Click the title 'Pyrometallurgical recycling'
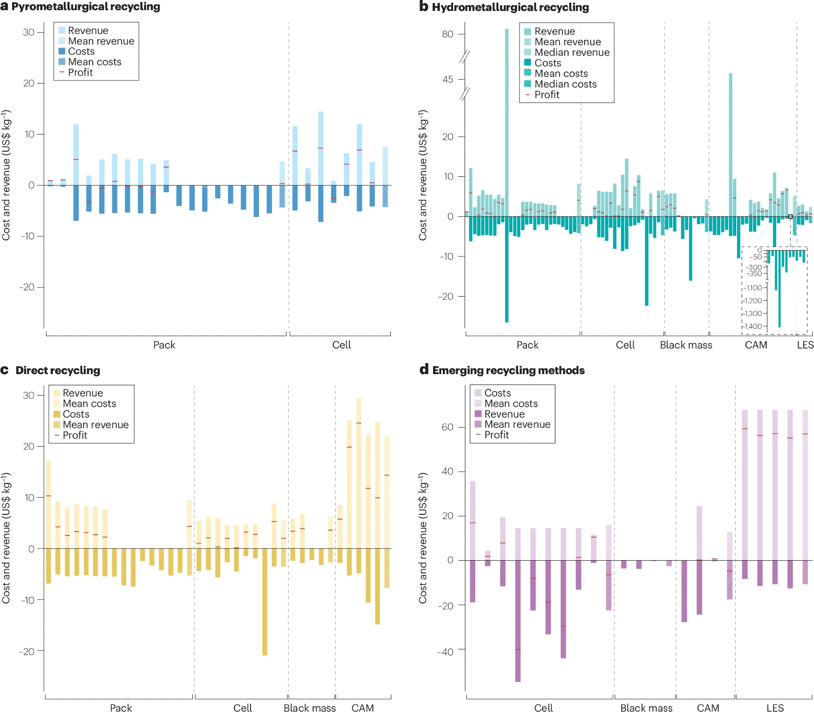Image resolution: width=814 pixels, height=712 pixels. click(x=85, y=7)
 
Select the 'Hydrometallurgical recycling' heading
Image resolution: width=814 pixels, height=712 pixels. click(x=510, y=7)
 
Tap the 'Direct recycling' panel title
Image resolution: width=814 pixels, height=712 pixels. click(x=58, y=370)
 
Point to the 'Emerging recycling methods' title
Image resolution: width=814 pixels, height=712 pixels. click(x=508, y=370)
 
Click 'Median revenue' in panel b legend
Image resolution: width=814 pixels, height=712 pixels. click(x=572, y=53)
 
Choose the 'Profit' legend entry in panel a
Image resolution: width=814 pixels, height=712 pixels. click(x=80, y=72)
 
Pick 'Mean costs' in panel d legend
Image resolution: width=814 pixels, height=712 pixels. click(x=511, y=403)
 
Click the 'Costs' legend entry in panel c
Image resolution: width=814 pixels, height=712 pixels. click(x=76, y=414)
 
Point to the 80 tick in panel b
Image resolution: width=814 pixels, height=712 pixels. click(x=448, y=34)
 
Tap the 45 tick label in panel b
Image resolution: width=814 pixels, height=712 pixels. click(x=448, y=79)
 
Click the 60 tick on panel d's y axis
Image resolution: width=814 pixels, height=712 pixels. click(x=447, y=427)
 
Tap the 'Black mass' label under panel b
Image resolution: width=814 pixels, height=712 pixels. click(x=686, y=345)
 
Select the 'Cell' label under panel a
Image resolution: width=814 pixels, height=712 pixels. click(x=341, y=345)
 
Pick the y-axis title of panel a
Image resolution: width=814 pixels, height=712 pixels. click(x=6, y=175)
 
